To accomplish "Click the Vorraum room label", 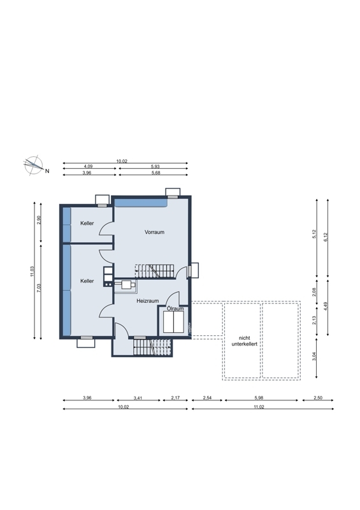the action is tap(154, 232).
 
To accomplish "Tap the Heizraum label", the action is tap(148, 301).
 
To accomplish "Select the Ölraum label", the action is tap(175, 309).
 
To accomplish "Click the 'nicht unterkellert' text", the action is tap(244, 341).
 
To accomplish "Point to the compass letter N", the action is tap(47, 171).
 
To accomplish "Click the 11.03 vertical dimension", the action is tap(32, 272).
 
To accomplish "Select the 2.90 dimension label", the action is tap(39, 220).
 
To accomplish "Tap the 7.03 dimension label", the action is tap(39, 288).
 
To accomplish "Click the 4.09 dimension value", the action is tap(88, 166).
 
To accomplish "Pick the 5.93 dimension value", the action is tap(155, 166).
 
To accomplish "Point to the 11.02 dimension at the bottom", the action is tap(259, 407).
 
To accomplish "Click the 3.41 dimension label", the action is tap(138, 398).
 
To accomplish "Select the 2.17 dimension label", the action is tap(175, 398).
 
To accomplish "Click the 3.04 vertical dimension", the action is tap(314, 357).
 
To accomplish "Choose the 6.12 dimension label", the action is tap(326, 237).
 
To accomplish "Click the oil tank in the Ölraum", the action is tap(173, 322).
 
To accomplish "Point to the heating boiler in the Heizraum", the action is tap(125, 285).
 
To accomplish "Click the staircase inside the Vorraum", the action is tap(155, 271).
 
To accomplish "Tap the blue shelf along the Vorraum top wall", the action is tap(141, 203).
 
